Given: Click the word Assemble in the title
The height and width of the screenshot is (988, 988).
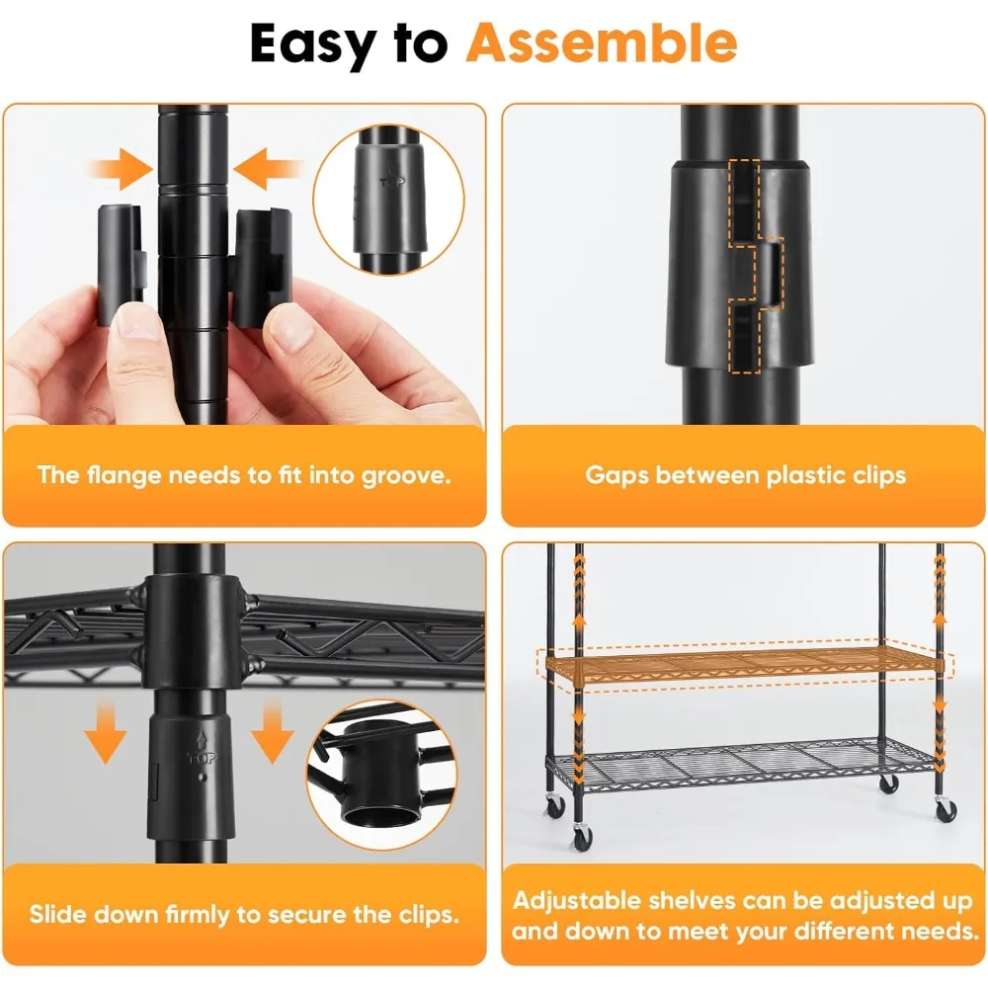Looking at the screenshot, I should click(602, 42).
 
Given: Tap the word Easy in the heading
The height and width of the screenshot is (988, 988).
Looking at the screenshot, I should click(326, 42).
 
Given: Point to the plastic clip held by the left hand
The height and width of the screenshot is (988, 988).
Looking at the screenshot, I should click(122, 264).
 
